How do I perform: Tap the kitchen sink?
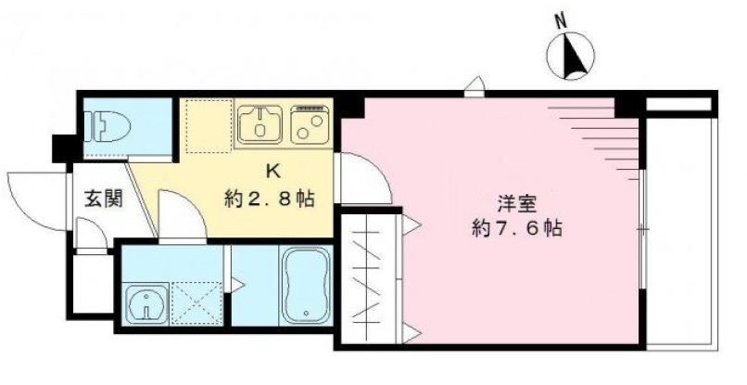click(x=261, y=123)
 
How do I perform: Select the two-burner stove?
click(x=310, y=123)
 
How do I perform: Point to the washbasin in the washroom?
click(x=146, y=302)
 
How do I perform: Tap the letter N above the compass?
click(x=559, y=19)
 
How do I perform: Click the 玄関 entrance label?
click(x=101, y=198)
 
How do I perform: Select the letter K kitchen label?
click(x=272, y=171)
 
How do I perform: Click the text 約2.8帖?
click(x=267, y=198)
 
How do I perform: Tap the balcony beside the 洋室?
click(x=681, y=227)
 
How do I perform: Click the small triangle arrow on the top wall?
click(x=474, y=87)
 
